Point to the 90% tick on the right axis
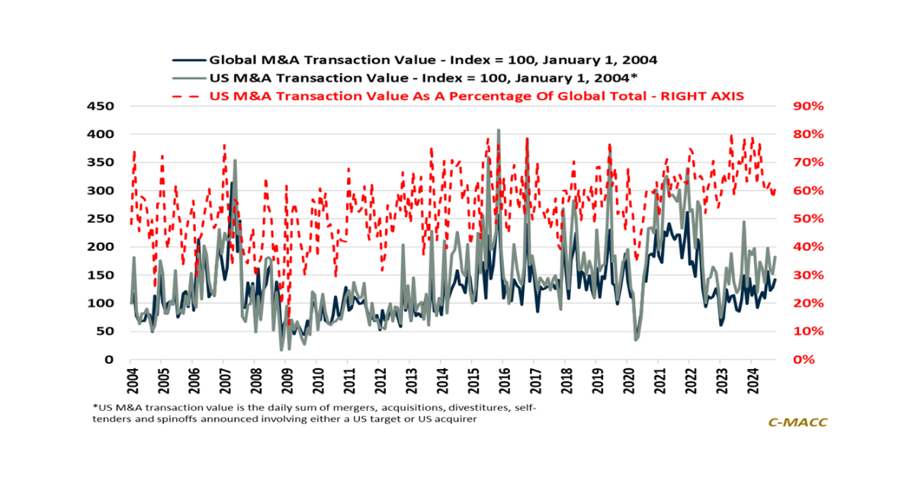pyautogui.click(x=807, y=106)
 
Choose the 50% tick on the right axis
pyautogui.click(x=807, y=219)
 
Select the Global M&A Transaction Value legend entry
pyautogui.click(x=433, y=59)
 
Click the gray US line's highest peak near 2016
pyautogui.click(x=499, y=130)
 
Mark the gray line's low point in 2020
pyautogui.click(x=636, y=339)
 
